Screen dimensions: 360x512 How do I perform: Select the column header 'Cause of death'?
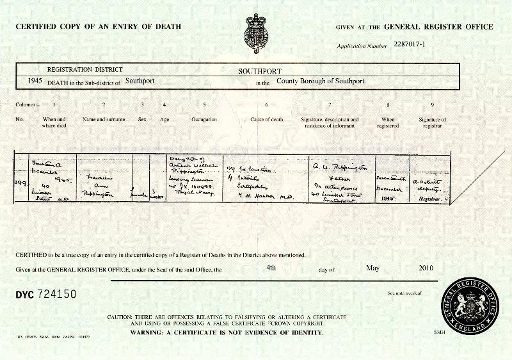pos(268,120)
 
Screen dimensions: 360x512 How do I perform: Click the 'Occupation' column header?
pos(204,120)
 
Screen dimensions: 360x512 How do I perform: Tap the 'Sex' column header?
pos(141,120)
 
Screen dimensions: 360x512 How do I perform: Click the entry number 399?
pos(20,183)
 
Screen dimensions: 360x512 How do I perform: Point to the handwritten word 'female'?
pos(141,188)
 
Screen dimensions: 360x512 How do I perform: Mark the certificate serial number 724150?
pos(56,294)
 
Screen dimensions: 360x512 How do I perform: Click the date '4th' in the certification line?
pos(271,268)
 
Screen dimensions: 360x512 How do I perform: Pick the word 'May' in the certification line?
pos(373,268)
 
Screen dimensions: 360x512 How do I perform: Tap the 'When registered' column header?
pos(388,122)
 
